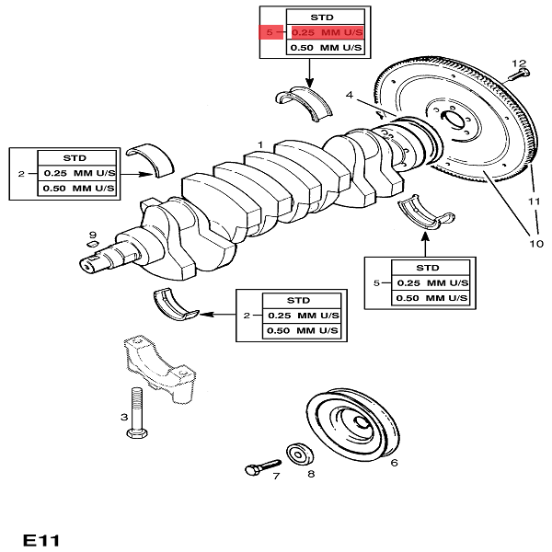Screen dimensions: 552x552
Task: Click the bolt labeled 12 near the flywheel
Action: [515, 77]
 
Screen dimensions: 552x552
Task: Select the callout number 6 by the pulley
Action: [394, 463]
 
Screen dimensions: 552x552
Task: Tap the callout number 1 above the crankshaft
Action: [260, 144]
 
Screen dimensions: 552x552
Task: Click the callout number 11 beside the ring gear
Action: [533, 200]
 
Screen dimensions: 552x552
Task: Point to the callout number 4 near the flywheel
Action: [351, 94]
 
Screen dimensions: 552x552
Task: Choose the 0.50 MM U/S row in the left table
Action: [79, 188]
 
